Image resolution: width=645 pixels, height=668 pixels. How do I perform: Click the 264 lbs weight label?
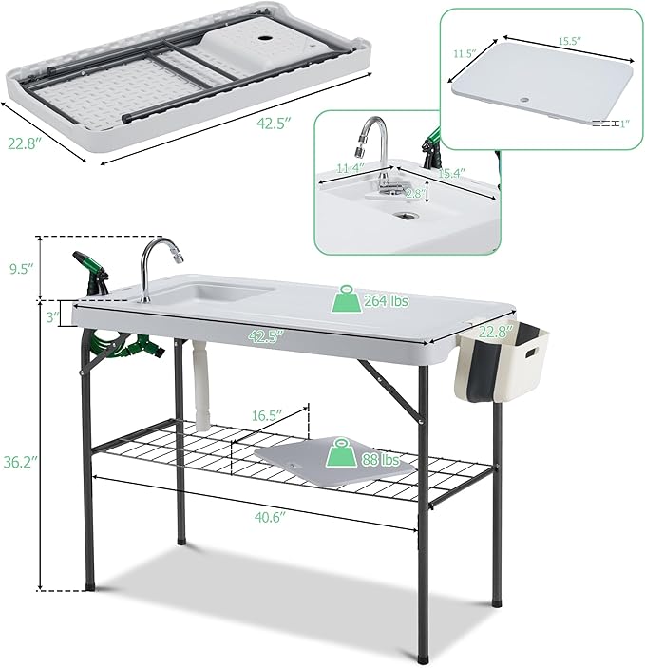(385, 301)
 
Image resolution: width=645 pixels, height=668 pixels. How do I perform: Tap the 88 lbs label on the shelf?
(380, 461)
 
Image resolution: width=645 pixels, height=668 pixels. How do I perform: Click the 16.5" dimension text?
(270, 415)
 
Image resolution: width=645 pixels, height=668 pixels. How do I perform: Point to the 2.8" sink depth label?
(414, 194)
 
